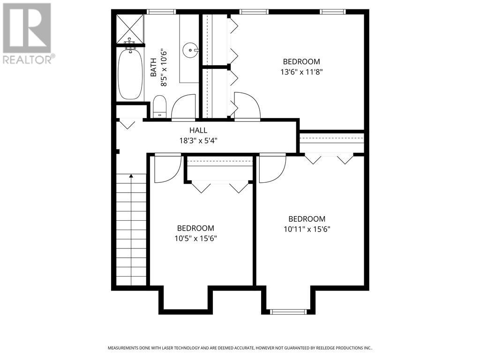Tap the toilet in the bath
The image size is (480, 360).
160,106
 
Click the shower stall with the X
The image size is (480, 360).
130,28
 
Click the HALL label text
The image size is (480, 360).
198,130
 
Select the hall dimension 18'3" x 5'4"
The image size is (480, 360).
198,140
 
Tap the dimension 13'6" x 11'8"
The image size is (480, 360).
301,72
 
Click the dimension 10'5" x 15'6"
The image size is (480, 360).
195,238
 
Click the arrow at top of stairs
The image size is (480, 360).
131,176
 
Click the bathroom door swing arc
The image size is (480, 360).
184,106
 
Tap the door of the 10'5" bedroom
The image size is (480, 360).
167,168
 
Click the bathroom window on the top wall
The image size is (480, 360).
161,12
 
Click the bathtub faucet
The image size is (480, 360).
130,45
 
